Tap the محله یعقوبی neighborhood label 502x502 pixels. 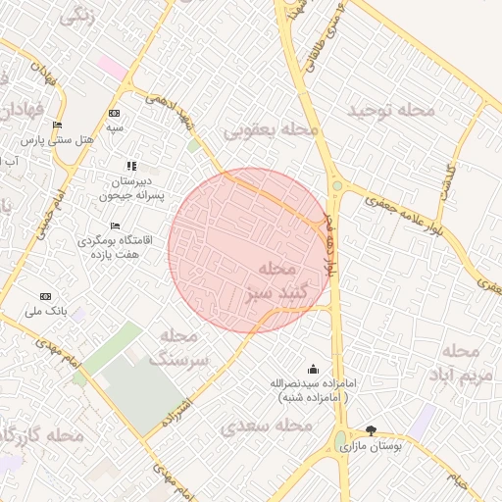272,129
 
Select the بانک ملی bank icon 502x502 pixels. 44,296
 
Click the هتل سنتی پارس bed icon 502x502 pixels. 57,125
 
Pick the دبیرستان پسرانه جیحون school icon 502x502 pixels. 132,166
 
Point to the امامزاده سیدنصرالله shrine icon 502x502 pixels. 313,369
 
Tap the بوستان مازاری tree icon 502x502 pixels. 371,430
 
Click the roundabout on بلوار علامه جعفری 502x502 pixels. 337,184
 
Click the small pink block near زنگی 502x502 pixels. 112,69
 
